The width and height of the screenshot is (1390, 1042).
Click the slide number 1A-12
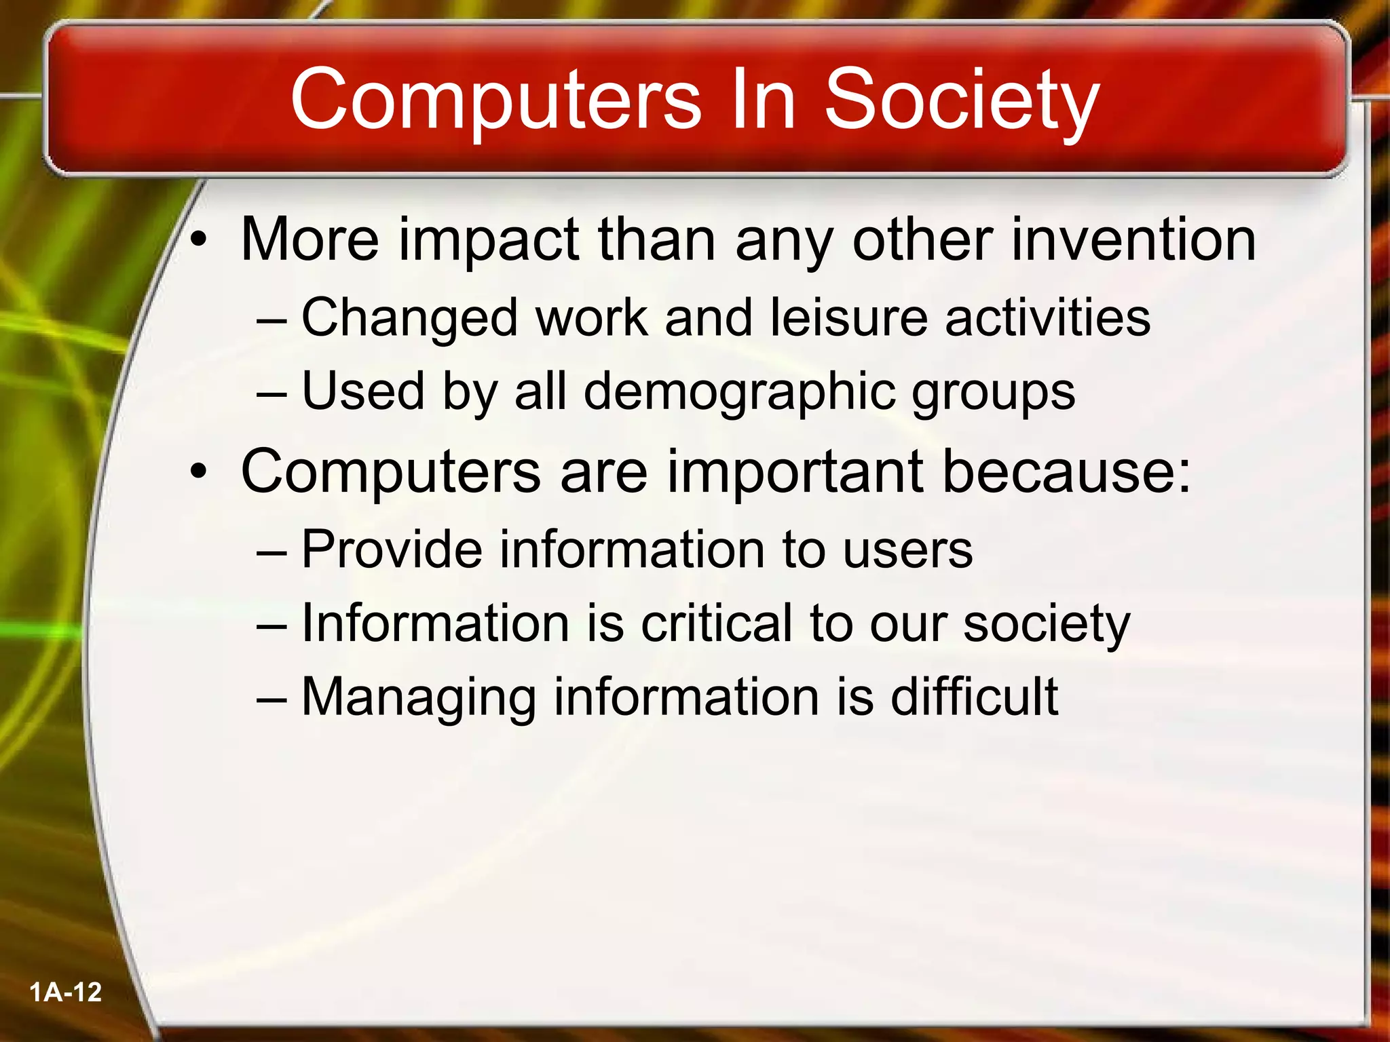pyautogui.click(x=66, y=992)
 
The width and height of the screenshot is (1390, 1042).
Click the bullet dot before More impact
pyautogui.click(x=198, y=240)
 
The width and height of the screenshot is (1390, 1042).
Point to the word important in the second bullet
pyautogui.click(x=794, y=473)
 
